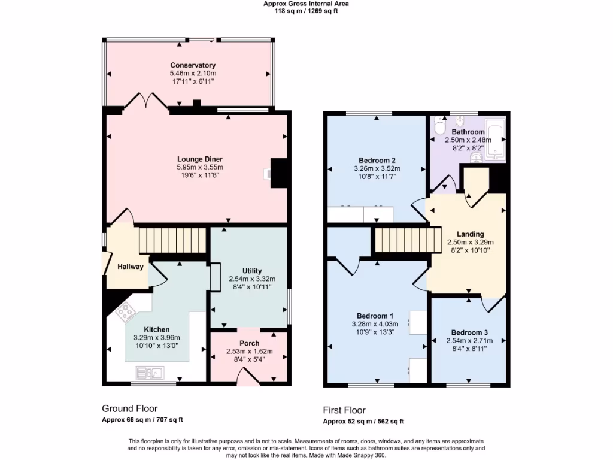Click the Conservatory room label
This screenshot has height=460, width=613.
[x=193, y=65]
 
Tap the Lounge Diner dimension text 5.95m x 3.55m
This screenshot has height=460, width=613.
[x=200, y=167]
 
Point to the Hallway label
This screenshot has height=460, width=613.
[x=131, y=267]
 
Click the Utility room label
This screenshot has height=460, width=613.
[x=252, y=271]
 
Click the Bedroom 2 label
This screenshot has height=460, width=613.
[x=377, y=160]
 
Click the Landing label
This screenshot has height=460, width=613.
[x=470, y=234]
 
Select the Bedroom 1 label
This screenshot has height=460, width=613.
[x=375, y=316]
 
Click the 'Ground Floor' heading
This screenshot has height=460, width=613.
[x=129, y=408]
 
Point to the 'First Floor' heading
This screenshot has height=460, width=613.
[x=344, y=410]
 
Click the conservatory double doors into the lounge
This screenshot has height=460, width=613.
[x=148, y=100]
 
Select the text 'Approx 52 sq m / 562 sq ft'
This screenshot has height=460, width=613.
[x=363, y=421]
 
